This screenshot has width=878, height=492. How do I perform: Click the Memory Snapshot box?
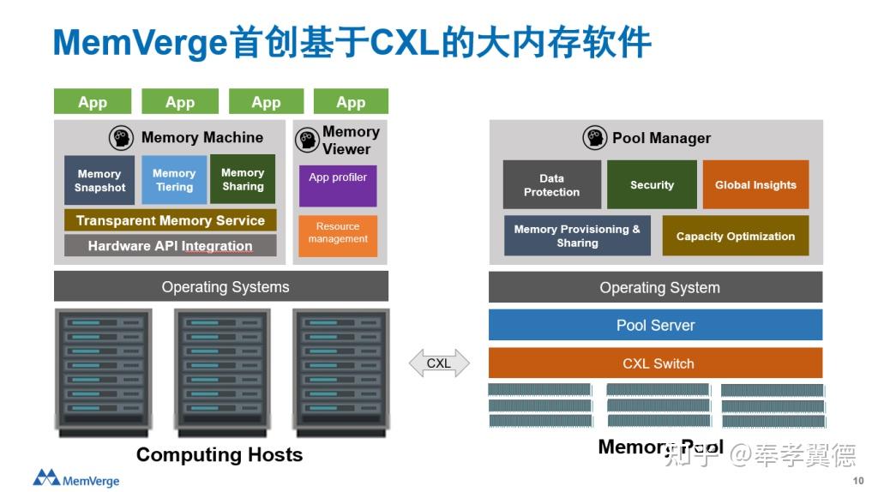coord(99,180)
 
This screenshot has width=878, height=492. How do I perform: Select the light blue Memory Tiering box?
coord(174,180)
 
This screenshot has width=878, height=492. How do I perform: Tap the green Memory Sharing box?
coord(243,179)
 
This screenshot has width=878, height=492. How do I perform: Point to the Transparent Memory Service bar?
coord(170,220)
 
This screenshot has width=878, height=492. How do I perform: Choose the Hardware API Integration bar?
coord(170,246)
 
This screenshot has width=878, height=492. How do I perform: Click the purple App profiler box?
coord(338,185)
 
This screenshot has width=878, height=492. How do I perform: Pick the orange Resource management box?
coord(338,233)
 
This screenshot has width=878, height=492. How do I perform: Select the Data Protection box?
coord(551,185)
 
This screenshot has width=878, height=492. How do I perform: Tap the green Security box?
coord(652,185)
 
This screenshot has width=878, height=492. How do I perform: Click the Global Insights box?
coord(755,185)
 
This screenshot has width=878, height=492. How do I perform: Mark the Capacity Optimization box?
coord(735,236)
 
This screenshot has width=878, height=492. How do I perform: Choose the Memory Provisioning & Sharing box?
coord(577,236)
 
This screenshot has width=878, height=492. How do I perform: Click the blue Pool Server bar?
coord(655,325)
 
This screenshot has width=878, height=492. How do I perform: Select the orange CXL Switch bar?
coord(655,363)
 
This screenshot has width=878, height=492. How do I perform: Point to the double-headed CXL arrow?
coord(439,363)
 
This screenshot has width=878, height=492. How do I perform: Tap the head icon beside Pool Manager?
coord(594,138)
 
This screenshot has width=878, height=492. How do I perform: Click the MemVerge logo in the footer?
coord(76,478)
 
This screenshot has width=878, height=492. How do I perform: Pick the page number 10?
coord(858,481)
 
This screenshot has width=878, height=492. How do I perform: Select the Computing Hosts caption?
coord(219,454)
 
